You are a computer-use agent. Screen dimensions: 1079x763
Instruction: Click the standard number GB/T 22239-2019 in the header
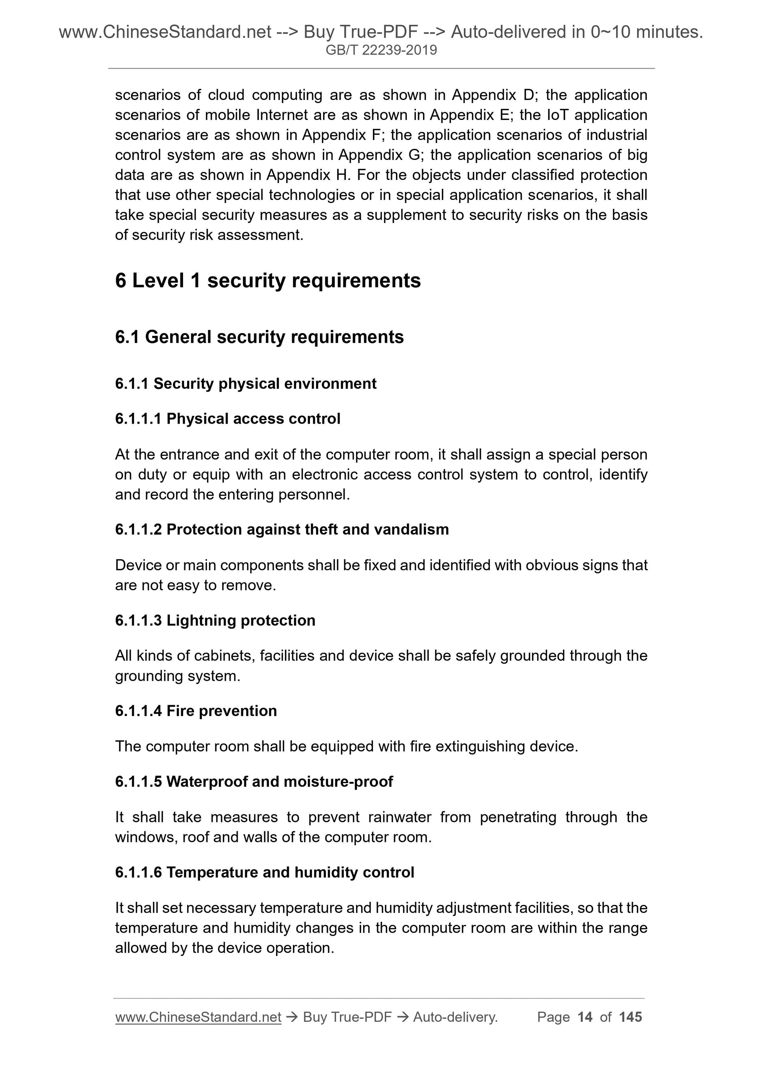click(x=381, y=50)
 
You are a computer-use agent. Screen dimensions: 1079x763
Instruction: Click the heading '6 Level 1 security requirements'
click(x=267, y=281)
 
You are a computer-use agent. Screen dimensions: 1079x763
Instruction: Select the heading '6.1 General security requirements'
click(x=259, y=337)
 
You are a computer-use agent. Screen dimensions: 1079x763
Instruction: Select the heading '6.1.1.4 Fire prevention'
click(x=196, y=711)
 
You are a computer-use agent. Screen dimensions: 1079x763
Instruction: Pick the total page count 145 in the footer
click(x=630, y=1017)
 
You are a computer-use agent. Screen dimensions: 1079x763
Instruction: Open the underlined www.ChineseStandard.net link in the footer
click(x=198, y=1017)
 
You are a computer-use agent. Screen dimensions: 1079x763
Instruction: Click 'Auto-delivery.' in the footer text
click(x=455, y=1017)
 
